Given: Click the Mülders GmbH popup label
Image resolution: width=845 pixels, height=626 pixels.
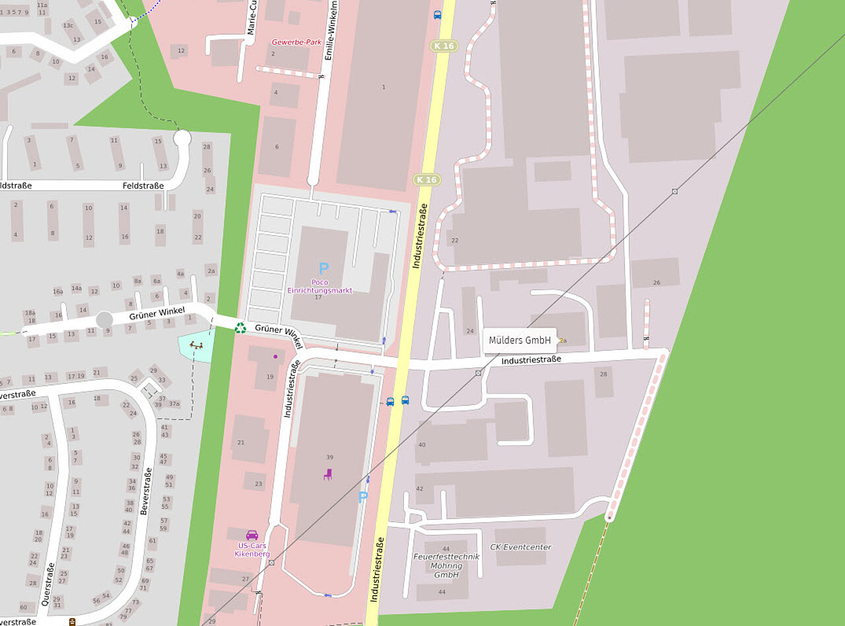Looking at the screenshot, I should [x=520, y=340].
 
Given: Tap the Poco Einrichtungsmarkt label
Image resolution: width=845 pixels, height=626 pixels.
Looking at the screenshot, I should [x=320, y=286].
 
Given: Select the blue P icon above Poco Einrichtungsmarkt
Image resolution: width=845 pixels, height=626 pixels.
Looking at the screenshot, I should [x=323, y=269].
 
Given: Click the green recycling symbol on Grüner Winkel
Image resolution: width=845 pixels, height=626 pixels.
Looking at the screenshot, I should [x=240, y=327].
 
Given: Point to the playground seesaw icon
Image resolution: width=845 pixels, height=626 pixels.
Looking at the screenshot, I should [x=196, y=345].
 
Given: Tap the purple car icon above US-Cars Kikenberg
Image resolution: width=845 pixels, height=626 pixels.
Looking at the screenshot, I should [x=252, y=535].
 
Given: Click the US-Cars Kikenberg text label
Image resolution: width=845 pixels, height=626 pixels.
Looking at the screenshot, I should [x=252, y=549].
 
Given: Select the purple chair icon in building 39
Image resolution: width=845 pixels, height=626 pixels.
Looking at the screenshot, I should [x=327, y=473].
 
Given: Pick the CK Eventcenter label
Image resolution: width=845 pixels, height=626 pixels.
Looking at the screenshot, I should [x=520, y=547].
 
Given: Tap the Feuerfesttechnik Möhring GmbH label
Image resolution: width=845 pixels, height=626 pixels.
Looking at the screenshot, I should [x=446, y=565].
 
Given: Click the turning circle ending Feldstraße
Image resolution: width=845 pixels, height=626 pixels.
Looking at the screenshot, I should [x=182, y=138].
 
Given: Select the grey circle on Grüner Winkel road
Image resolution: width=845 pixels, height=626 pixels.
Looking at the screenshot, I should [x=104, y=320].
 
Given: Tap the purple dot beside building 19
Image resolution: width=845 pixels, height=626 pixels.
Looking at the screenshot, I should [x=275, y=357].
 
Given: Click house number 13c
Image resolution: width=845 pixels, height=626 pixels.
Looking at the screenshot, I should [x=68, y=25].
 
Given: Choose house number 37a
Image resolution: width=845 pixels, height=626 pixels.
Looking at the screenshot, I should [x=174, y=403].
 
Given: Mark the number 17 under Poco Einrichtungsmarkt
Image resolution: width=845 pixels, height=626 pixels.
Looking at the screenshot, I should [x=318, y=297].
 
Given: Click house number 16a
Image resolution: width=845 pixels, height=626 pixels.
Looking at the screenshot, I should [x=58, y=291].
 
